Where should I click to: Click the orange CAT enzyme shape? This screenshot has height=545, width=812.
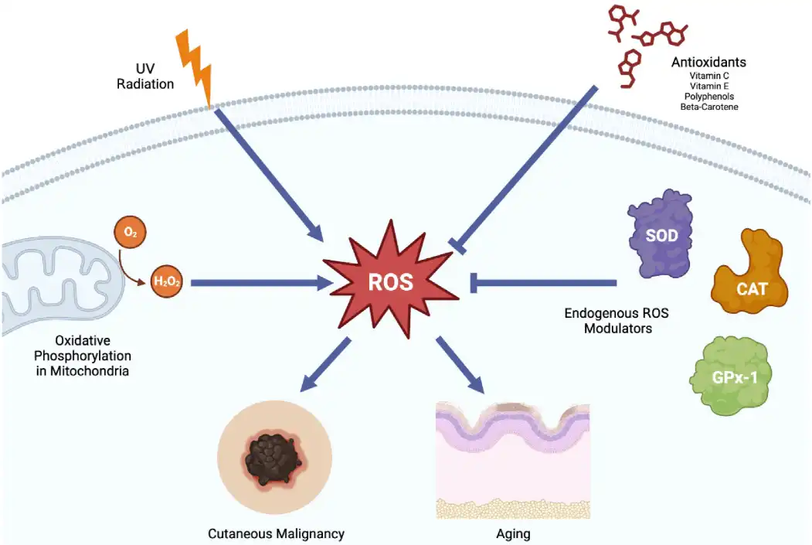(x=751, y=278)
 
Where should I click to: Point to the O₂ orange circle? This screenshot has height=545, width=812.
(x=129, y=231)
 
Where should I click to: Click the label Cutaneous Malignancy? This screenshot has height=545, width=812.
(x=276, y=533)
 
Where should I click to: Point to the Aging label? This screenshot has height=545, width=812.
(x=513, y=533)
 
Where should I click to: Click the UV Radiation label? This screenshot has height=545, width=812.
(x=145, y=77)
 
